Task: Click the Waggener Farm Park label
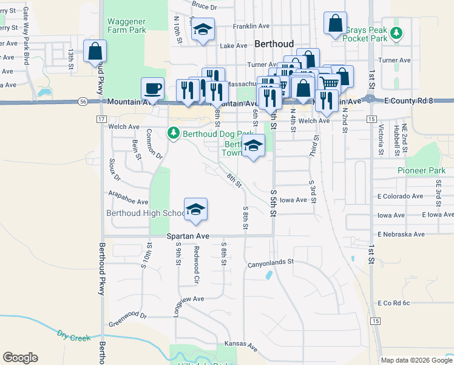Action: coord(127,26)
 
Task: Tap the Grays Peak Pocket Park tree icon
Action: coord(396,32)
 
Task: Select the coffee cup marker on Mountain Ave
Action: coord(152,88)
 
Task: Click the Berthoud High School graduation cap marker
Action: coord(195,209)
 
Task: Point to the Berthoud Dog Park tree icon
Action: coord(173,133)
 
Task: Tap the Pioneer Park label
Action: coord(421,170)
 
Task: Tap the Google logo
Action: coord(20,358)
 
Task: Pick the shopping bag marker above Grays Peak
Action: coord(335,24)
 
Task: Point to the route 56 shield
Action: coord(83,102)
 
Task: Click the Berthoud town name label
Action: coord(274,44)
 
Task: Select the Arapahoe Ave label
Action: coord(128,201)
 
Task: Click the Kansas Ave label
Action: coord(241,344)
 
